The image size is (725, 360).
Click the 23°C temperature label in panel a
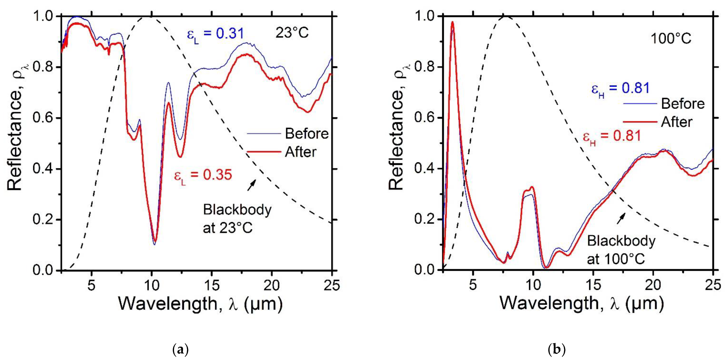tap(292, 33)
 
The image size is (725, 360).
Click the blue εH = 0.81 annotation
tap(620, 89)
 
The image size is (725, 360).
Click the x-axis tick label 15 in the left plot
tap(212, 285)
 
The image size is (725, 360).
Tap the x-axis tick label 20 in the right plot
tap(653, 285)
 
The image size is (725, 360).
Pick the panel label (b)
tap(556, 350)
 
